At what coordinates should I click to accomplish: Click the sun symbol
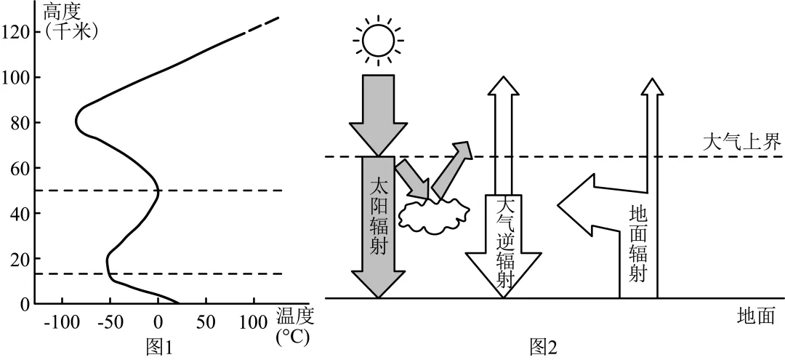point(377,41)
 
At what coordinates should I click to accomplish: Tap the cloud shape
point(434,215)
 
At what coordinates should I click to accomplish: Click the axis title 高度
point(63,12)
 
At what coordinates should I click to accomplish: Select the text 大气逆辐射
point(504,240)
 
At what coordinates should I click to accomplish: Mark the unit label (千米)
point(71,31)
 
